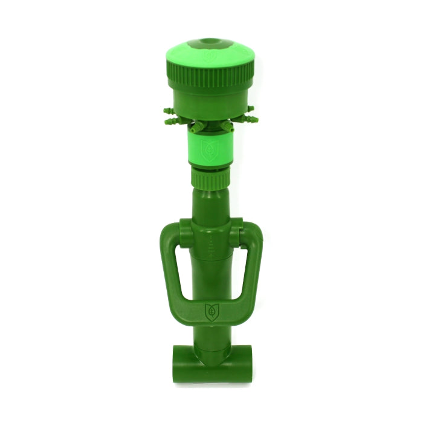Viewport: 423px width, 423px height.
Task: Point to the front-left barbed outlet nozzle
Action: click(196, 128)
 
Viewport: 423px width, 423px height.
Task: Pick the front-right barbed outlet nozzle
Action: click(227, 126)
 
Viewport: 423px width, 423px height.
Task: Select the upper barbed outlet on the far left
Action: click(167, 111)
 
